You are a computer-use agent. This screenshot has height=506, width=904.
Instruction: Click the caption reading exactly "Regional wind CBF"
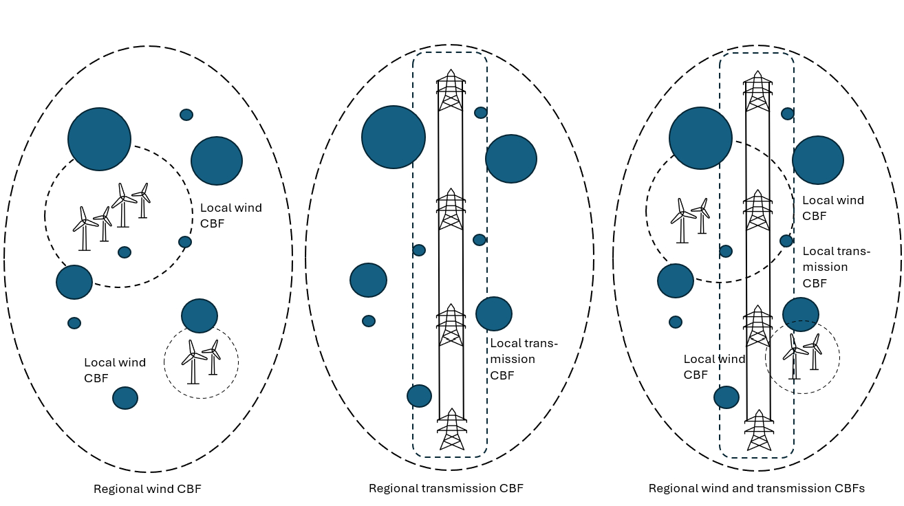[147, 489]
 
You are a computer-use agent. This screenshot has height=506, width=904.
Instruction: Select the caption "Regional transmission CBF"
[446, 489]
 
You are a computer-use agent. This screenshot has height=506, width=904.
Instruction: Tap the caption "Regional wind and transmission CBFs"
[756, 489]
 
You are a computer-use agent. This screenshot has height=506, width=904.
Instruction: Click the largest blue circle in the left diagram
[99, 139]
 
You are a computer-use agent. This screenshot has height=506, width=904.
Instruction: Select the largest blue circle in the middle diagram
[393, 137]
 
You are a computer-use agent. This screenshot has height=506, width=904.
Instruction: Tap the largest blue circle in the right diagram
[700, 138]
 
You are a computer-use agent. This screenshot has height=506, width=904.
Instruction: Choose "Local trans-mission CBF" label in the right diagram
[836, 267]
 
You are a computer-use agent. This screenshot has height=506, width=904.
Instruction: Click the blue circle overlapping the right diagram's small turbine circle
[801, 314]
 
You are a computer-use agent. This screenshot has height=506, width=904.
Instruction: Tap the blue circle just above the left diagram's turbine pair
[200, 316]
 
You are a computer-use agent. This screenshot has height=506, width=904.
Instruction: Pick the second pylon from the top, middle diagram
[451, 208]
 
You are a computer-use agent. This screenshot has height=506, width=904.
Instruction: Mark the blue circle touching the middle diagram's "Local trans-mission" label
[493, 313]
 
